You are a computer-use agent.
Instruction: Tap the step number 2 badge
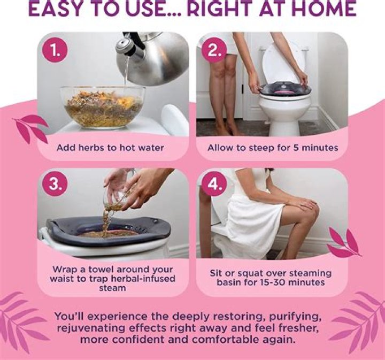pos(213,51)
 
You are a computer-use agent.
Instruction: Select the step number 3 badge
pos(54,183)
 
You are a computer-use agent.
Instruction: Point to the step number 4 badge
pos(213,183)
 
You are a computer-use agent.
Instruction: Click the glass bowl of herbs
pos(103,107)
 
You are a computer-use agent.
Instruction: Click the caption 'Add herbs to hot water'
pos(110,148)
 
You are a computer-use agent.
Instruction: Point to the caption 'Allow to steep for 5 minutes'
pos(273,148)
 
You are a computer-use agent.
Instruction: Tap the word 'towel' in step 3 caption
pos(101,270)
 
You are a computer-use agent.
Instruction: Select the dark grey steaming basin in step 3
pos(108,231)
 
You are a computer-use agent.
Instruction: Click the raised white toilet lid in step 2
pos(282,63)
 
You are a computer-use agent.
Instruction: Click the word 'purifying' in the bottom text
pos(295,317)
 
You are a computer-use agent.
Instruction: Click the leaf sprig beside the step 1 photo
pos(30,127)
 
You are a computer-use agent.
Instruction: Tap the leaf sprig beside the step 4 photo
pos(344,243)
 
